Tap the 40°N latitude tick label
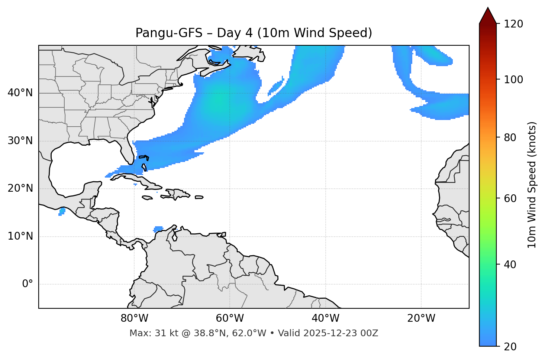pos(20,93)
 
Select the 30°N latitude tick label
pos(20,141)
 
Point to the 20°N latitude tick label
pos(20,188)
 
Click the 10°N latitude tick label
pos(20,236)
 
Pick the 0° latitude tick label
pos(27,284)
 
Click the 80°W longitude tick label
pos(134,318)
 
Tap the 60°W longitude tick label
pos(230,318)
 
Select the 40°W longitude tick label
pos(325,318)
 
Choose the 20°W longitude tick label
pos(421,318)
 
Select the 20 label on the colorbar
pos(510,347)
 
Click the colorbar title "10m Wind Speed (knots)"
pos(532,185)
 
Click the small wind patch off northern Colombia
pos(158,229)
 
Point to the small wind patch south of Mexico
pos(62,211)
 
